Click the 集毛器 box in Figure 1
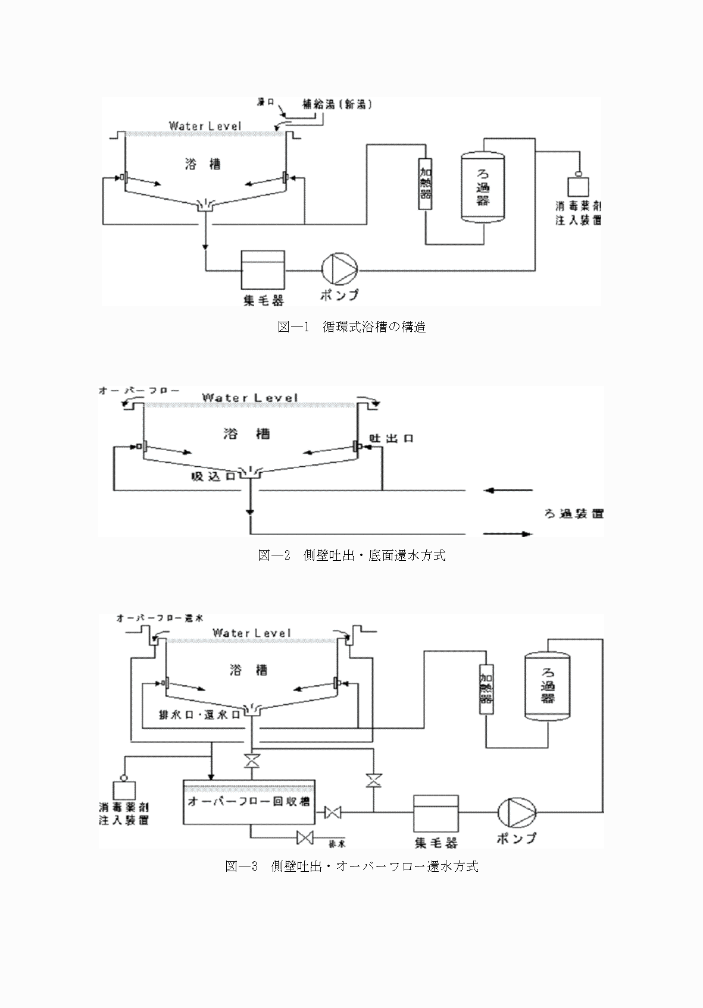coord(263,269)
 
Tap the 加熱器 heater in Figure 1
coord(426,184)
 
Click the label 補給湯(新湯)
coord(337,105)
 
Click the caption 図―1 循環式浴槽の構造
coord(352,327)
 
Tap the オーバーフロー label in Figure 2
coord(139,391)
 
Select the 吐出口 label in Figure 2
coord(391,438)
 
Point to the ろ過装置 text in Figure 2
coord(574,513)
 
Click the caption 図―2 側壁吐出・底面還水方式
coord(352,555)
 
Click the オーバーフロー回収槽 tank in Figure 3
coord(249,802)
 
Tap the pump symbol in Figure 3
coord(516,812)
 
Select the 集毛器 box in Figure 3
coord(436,812)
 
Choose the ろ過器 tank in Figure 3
coord(547,686)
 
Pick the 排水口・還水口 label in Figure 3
coord(199,715)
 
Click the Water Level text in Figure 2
coord(249,397)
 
